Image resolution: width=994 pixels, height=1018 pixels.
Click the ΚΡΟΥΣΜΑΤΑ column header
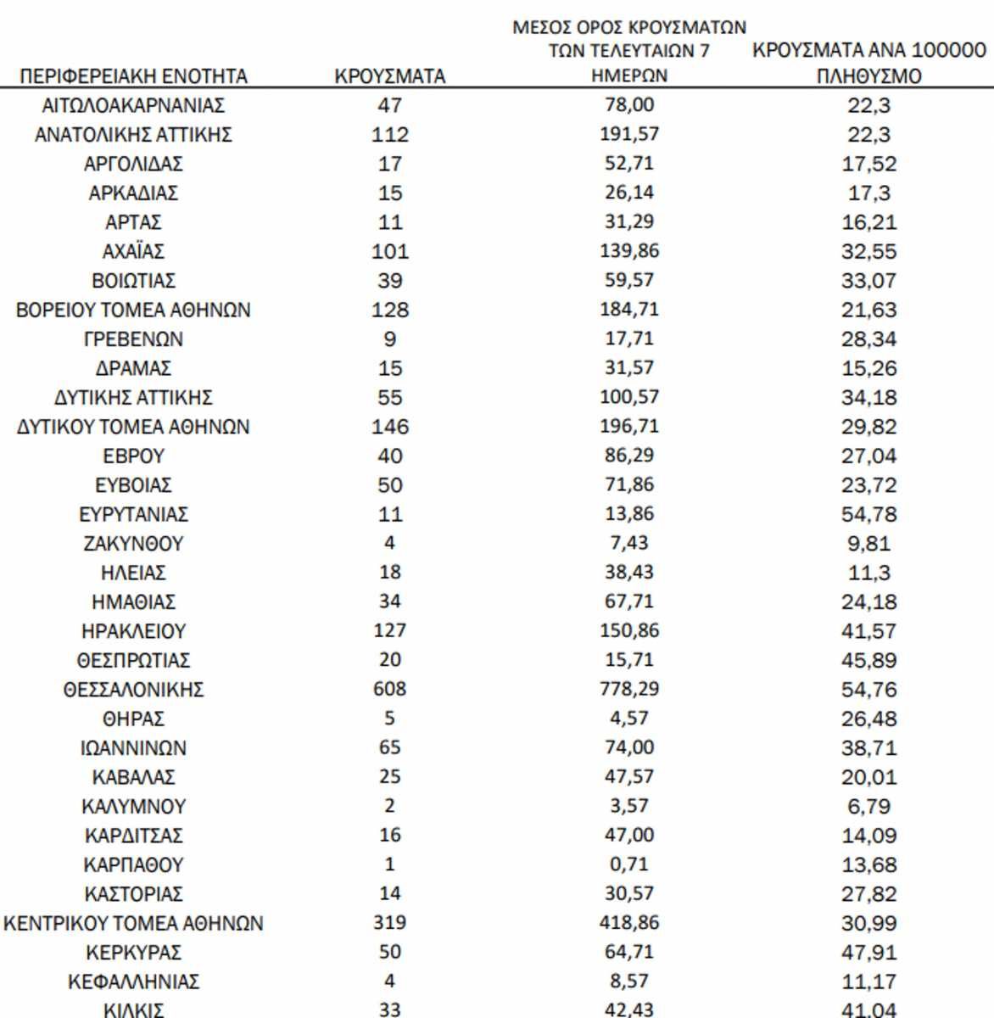click(390, 76)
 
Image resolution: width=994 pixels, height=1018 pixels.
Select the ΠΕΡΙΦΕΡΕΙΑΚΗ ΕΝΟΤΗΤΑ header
click(133, 76)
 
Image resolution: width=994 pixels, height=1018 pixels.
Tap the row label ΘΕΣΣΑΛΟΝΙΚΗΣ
click(133, 690)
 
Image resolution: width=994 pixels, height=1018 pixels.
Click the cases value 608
click(390, 689)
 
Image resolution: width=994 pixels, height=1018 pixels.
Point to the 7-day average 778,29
click(629, 689)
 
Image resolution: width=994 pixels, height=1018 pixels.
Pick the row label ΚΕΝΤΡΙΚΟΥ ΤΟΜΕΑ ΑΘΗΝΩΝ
click(133, 923)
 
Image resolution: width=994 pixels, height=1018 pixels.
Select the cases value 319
click(390, 922)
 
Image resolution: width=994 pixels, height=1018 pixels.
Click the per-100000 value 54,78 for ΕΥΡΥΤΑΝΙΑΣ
click(869, 514)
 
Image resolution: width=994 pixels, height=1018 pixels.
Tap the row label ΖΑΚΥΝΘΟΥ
click(133, 544)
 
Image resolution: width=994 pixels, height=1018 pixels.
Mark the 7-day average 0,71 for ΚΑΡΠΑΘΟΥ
click(629, 864)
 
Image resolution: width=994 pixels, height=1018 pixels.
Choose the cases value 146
click(390, 427)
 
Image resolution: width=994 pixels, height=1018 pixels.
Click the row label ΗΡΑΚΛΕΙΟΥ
click(133, 631)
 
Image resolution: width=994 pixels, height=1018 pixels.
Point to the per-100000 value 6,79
click(869, 806)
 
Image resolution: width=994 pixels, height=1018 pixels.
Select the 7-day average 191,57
click(629, 134)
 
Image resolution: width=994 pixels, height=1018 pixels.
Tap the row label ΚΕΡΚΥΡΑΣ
click(133, 953)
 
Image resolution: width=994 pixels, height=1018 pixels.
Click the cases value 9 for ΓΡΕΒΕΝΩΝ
click(390, 339)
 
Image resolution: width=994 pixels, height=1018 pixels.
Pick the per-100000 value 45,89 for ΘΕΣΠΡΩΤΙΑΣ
click(869, 660)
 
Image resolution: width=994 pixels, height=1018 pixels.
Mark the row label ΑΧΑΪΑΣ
click(133, 251)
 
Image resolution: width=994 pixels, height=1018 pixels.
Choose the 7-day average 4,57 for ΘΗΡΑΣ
click(629, 719)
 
